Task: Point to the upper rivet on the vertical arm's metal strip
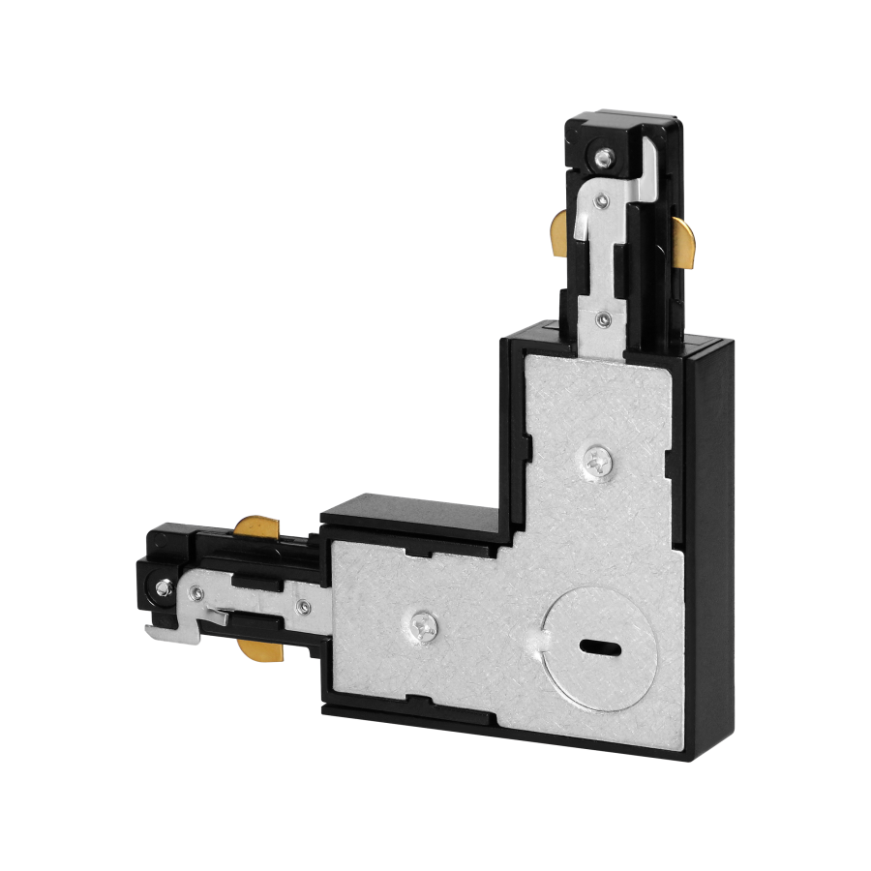[602, 200]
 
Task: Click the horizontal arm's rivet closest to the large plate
[305, 607]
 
